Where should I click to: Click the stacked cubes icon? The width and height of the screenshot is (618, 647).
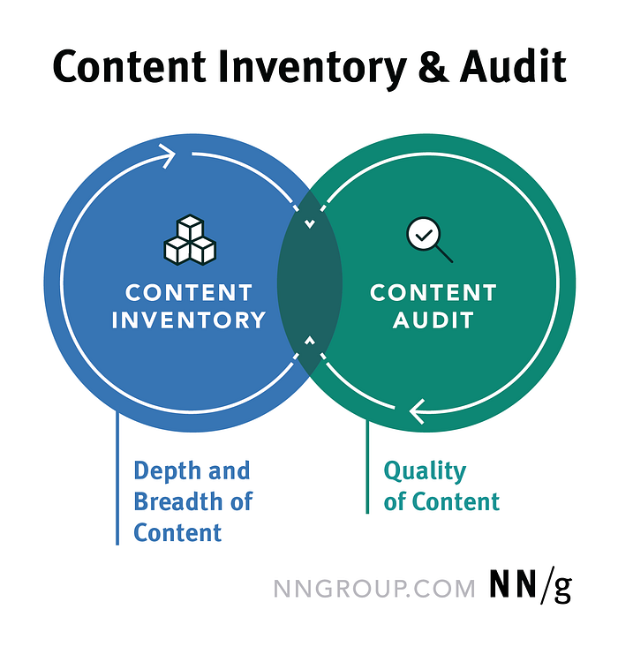tap(189, 238)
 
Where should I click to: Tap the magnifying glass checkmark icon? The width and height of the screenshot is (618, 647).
tap(428, 240)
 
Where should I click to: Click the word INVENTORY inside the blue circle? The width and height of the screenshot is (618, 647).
tap(189, 320)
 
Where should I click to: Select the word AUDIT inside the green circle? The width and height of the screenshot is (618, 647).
tap(433, 320)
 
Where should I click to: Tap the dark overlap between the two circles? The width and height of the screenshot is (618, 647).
tap(309, 282)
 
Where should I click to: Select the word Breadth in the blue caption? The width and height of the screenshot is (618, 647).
tap(177, 501)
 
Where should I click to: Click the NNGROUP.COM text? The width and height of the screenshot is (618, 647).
tap(374, 589)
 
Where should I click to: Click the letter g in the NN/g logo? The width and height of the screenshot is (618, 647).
tap(561, 590)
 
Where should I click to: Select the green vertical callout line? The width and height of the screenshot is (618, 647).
tap(367, 468)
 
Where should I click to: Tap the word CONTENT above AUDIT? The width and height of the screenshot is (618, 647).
tap(433, 292)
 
